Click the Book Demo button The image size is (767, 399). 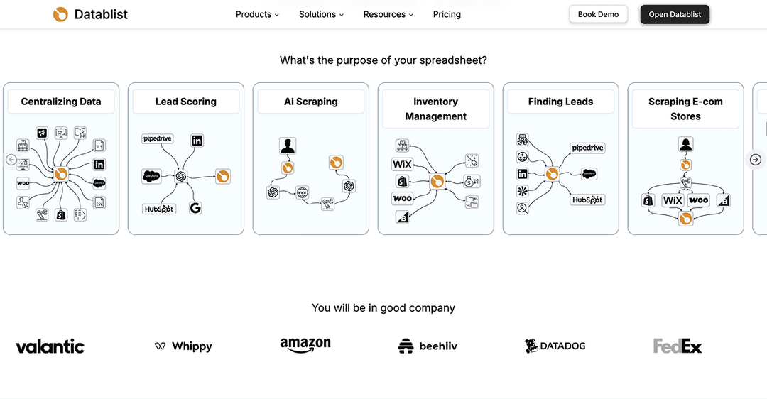click(598, 14)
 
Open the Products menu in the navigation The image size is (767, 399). click(257, 14)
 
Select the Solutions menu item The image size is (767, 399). click(321, 14)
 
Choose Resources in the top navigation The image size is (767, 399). click(388, 14)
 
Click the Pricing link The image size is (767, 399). click(447, 14)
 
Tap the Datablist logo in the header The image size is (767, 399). click(90, 14)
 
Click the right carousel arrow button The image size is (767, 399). click(756, 160)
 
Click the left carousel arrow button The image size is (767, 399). click(11, 160)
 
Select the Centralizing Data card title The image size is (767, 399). click(61, 102)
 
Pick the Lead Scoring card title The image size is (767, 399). click(186, 102)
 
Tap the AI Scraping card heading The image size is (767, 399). click(311, 102)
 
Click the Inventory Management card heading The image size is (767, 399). click(436, 109)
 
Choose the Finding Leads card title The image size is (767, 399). click(561, 102)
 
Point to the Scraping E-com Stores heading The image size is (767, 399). click(685, 109)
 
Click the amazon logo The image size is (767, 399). click(305, 345)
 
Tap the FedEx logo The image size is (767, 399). click(678, 346)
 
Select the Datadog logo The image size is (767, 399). click(555, 346)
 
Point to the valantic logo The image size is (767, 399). click(50, 346)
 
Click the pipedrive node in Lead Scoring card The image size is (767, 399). click(158, 139)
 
